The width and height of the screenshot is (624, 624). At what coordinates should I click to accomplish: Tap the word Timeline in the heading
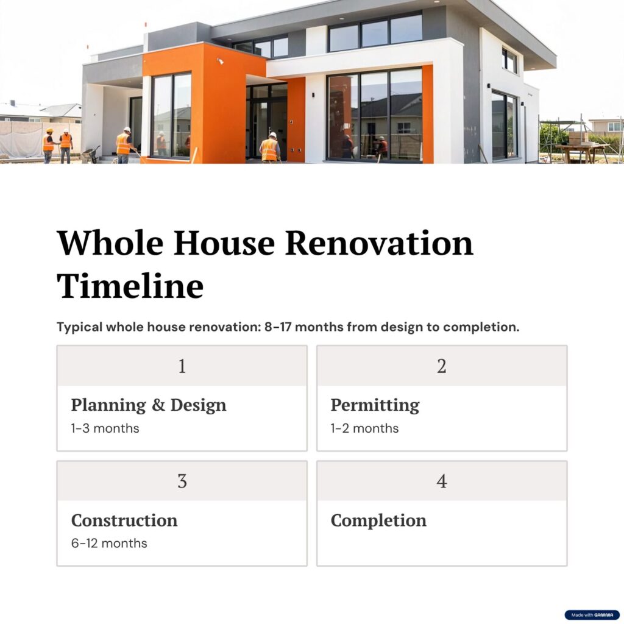[130, 286]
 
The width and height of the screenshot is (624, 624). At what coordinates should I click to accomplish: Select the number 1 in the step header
[182, 366]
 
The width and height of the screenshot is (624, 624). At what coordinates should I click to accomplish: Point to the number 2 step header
[442, 366]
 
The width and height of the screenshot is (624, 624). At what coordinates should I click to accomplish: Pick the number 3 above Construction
[182, 481]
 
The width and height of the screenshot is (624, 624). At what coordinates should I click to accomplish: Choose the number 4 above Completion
[442, 481]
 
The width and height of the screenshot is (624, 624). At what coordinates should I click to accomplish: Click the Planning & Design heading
[149, 405]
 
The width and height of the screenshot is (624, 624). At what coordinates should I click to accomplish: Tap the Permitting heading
[375, 405]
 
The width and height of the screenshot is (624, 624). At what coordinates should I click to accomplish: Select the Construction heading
[124, 520]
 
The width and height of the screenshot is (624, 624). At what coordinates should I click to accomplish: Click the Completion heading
[378, 520]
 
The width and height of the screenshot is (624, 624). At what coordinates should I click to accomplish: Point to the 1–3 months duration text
[105, 428]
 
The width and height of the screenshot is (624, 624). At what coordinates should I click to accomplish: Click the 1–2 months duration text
[364, 428]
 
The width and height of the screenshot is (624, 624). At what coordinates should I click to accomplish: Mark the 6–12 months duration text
[109, 543]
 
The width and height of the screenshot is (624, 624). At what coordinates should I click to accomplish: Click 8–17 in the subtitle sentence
[278, 327]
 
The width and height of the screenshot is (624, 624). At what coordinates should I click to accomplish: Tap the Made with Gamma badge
[592, 615]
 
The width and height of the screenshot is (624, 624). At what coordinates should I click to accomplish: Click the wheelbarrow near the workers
[91, 154]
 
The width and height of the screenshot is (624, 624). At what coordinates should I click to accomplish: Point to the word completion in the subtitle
[481, 327]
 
